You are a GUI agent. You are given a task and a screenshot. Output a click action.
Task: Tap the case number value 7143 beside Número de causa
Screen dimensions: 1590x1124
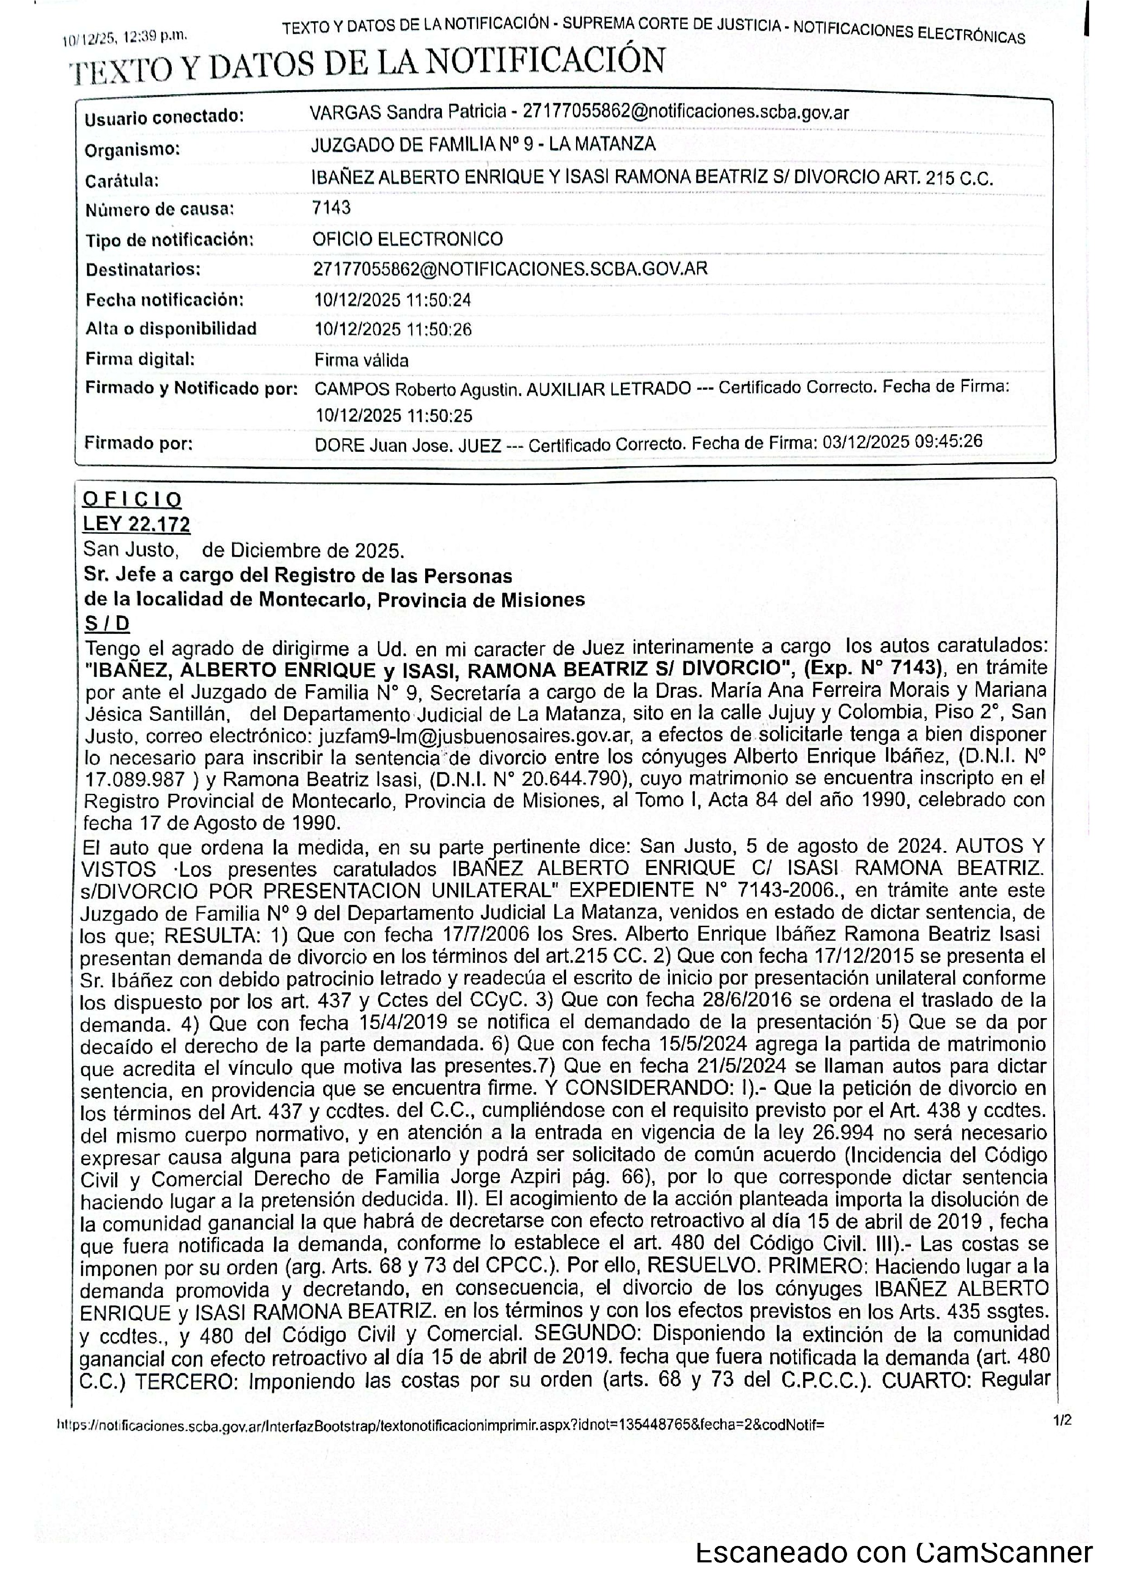332,208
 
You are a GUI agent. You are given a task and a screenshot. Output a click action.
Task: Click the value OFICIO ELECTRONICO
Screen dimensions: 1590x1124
408,240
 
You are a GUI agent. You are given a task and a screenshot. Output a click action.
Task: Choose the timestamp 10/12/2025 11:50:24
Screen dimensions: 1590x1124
392,300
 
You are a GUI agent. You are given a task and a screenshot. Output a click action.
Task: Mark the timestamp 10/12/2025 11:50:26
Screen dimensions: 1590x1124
392,329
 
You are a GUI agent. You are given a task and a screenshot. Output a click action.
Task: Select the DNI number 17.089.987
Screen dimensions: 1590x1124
134,779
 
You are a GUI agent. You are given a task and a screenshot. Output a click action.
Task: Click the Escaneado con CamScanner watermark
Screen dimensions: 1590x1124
894,1552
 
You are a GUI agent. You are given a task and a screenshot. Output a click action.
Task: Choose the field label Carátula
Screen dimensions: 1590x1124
122,181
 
